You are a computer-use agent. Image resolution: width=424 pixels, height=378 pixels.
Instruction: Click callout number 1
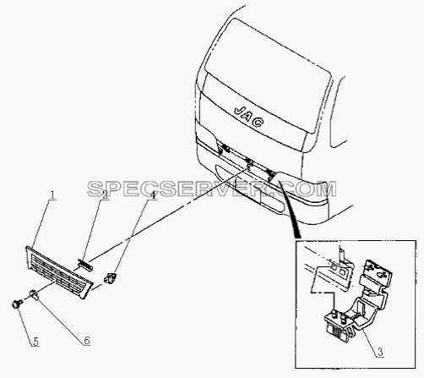pyautogui.click(x=52, y=195)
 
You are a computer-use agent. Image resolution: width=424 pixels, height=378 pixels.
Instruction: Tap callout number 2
pyautogui.click(x=105, y=195)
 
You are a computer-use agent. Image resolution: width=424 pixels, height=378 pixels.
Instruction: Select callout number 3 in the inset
pyautogui.click(x=380, y=352)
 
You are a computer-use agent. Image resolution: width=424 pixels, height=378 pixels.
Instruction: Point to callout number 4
pyautogui.click(x=153, y=195)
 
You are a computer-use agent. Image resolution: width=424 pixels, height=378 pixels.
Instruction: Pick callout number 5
pyautogui.click(x=36, y=342)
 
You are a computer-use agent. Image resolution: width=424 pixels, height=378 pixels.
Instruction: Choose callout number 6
pyautogui.click(x=87, y=341)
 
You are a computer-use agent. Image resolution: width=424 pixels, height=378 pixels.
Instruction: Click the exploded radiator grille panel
pyautogui.click(x=58, y=271)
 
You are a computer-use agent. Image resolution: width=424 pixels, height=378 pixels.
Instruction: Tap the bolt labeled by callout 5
pyautogui.click(x=17, y=304)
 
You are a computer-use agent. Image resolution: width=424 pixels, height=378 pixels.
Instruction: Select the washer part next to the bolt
pyautogui.click(x=34, y=294)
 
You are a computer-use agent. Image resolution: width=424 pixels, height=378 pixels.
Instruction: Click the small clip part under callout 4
pyautogui.click(x=110, y=277)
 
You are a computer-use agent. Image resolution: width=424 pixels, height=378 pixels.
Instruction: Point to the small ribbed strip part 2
pyautogui.click(x=85, y=265)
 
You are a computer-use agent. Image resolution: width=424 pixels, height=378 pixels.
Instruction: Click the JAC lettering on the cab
pyautogui.click(x=249, y=116)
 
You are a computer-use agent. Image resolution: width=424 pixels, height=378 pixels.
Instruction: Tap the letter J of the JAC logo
pyautogui.click(x=239, y=110)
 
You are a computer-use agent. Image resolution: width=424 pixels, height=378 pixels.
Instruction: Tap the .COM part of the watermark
pyautogui.click(x=307, y=189)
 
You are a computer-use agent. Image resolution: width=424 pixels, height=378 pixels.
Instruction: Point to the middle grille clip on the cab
pyautogui.click(x=249, y=162)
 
